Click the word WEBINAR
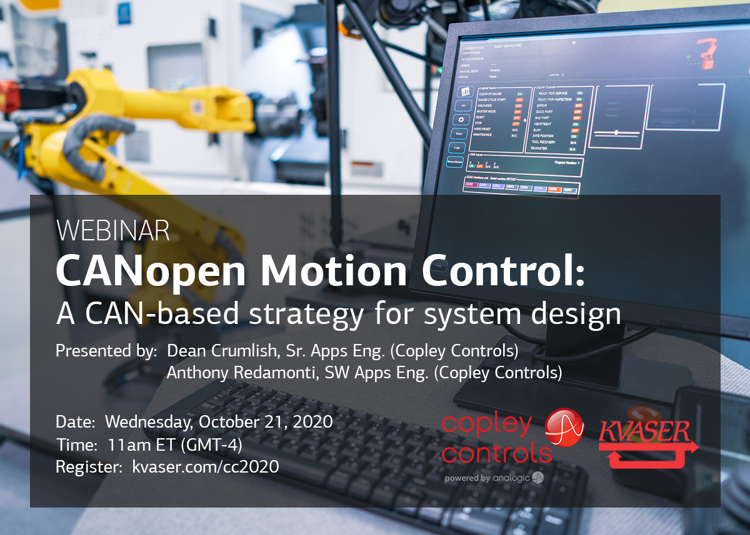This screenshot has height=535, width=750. tap(112, 231)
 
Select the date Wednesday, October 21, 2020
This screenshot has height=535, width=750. tap(218, 421)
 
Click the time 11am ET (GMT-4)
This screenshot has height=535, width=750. tap(174, 444)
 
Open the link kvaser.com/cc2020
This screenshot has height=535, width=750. tap(206, 467)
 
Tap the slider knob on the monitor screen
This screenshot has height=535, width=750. tap(616, 132)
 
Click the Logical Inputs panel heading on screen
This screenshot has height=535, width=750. tap(494, 88)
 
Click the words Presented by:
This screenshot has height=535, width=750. tap(106, 351)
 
